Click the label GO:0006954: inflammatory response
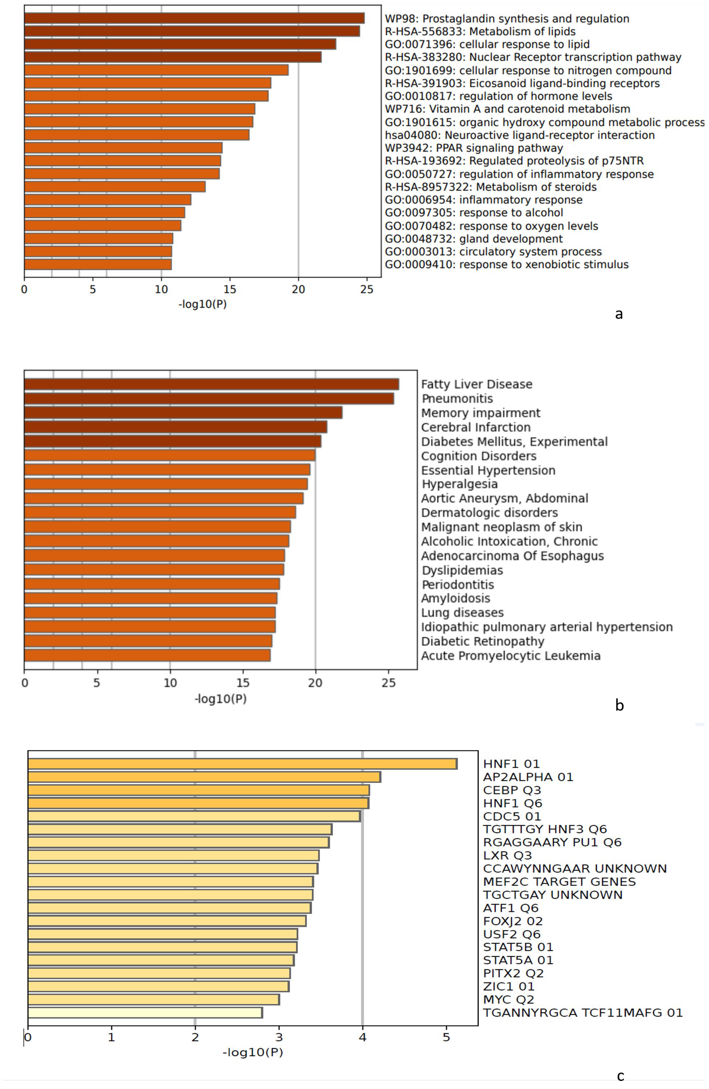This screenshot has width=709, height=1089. (x=483, y=200)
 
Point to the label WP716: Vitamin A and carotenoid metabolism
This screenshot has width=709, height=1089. (x=507, y=109)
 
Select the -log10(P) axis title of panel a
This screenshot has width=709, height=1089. (x=202, y=304)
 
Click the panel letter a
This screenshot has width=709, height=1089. (x=619, y=314)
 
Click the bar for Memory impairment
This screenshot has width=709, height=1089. (x=183, y=413)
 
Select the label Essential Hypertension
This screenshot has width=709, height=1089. (x=488, y=470)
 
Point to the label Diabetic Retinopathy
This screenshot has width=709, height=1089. (x=482, y=641)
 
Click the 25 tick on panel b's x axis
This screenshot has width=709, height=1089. (x=388, y=683)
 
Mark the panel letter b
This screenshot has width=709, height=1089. (x=619, y=705)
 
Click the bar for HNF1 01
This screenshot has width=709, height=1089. (x=243, y=764)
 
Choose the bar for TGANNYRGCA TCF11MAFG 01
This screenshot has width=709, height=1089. (x=145, y=1013)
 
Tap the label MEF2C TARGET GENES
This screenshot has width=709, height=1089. (x=559, y=882)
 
